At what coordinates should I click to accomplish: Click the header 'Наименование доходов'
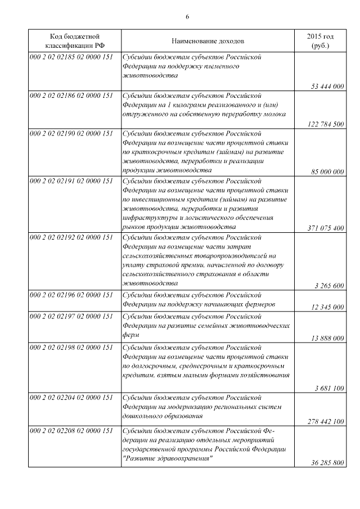tap(208, 41)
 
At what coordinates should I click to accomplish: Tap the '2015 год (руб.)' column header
tap(319, 41)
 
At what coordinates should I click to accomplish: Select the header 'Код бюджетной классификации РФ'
tap(74, 41)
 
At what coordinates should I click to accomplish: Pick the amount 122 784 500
tap(326, 124)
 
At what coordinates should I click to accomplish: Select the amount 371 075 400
tap(326, 228)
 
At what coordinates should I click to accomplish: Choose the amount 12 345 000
tap(327, 307)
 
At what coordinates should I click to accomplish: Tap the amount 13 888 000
tap(327, 338)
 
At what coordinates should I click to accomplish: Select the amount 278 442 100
tap(326, 421)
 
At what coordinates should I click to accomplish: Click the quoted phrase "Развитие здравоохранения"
tap(167, 458)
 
